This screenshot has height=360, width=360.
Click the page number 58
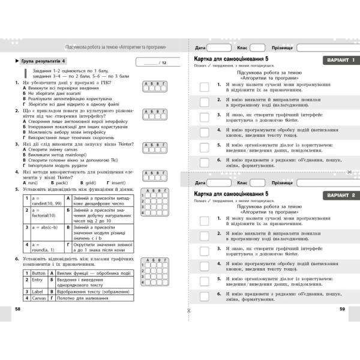pyautogui.click(x=17, y=308)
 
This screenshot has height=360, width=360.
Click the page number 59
pyautogui.click(x=342, y=308)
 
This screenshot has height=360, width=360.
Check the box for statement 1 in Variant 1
pyautogui.click(x=204, y=87)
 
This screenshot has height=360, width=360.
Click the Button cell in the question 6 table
pyautogui.click(x=37, y=272)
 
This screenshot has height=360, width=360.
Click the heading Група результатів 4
pyautogui.click(x=44, y=62)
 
